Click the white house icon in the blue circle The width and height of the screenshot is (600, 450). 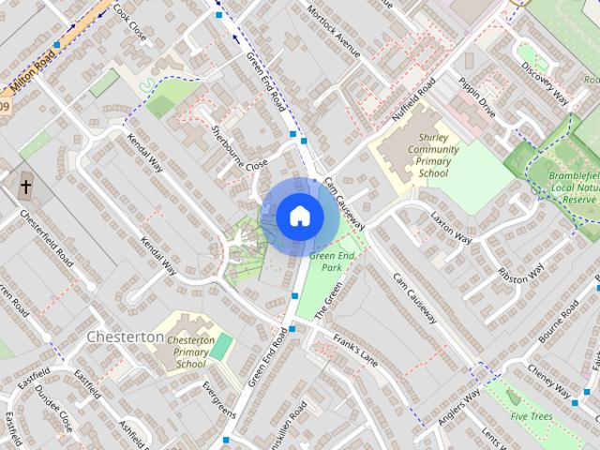[298, 216]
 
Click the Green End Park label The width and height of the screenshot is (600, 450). [331, 262]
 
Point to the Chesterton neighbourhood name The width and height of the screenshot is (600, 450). [124, 336]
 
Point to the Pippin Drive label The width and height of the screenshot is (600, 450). [476, 97]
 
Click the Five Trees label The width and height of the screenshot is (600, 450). [532, 414]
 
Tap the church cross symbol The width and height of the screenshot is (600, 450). [25, 186]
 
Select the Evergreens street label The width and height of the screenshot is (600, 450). [219, 400]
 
